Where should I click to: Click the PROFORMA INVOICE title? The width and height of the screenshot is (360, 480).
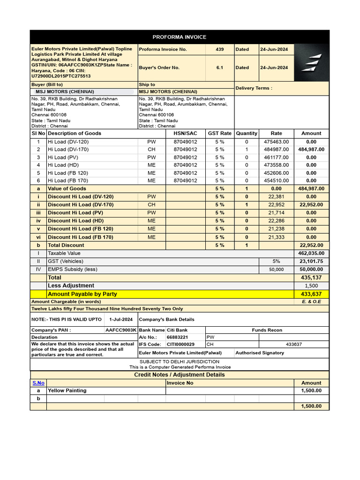(180, 37)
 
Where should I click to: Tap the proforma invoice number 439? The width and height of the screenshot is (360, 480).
(219, 49)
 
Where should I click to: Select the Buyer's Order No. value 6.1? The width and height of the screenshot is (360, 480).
(219, 67)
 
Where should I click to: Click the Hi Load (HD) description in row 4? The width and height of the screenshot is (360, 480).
(63, 165)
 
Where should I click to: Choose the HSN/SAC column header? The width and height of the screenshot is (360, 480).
(185, 134)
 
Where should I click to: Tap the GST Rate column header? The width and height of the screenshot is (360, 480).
(219, 134)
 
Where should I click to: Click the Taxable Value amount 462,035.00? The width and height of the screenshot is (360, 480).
(311, 253)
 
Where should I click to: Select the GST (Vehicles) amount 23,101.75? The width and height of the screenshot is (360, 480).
(311, 262)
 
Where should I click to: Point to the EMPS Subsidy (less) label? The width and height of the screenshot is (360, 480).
(72, 270)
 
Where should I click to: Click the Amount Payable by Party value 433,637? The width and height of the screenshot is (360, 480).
(311, 294)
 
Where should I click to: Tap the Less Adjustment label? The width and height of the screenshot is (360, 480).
(71, 285)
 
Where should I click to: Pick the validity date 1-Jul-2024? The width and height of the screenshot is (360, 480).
(121, 319)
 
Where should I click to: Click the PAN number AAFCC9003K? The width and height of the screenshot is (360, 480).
(121, 330)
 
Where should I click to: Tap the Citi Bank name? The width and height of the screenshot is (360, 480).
(177, 330)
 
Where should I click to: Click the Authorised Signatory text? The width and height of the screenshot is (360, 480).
(260, 353)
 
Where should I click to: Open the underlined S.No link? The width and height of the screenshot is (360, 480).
(38, 383)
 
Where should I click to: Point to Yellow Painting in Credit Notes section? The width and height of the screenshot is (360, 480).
(67, 390)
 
